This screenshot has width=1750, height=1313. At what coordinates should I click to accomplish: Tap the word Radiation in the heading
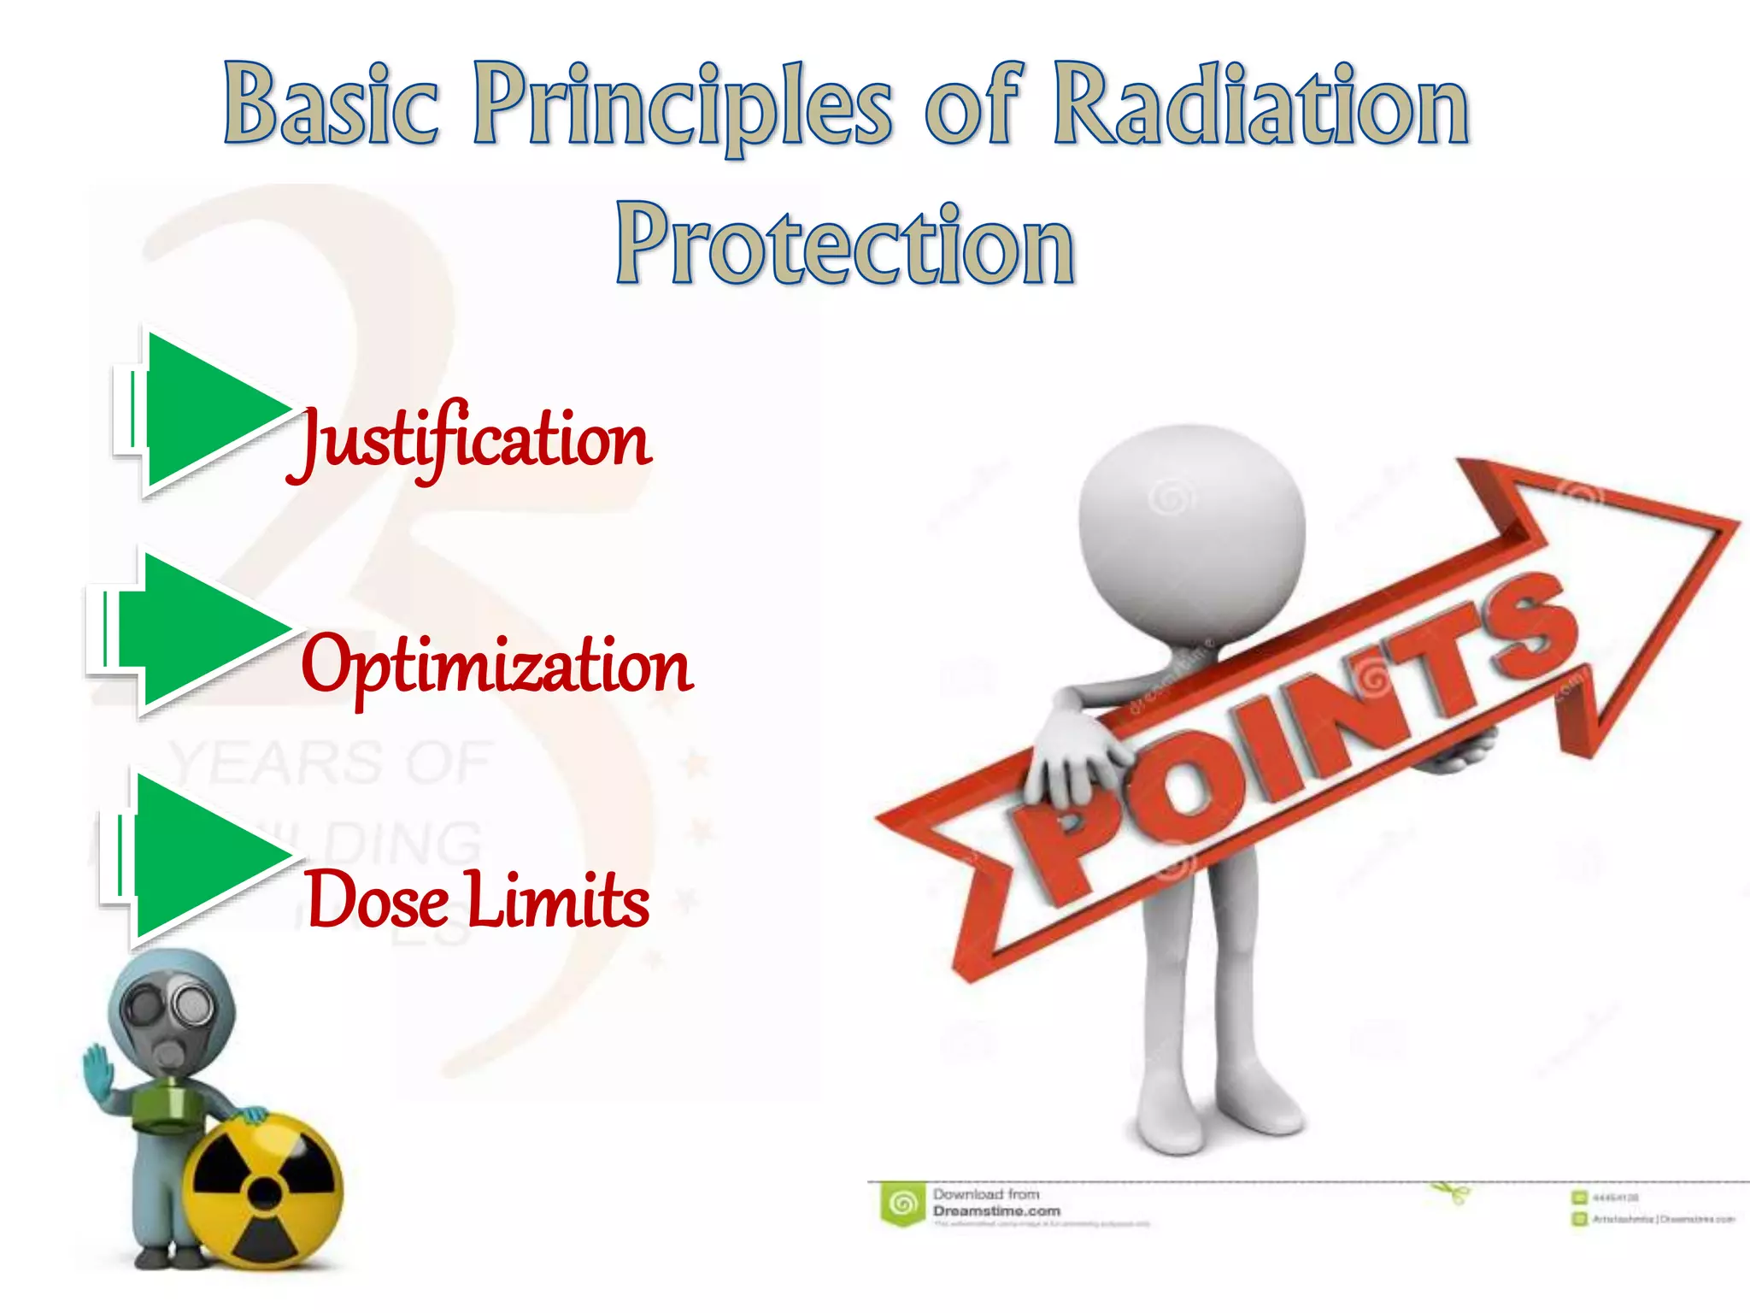click(1260, 107)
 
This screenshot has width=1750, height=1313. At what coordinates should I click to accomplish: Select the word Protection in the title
click(844, 245)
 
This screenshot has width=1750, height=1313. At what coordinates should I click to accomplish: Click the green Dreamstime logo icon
click(902, 1204)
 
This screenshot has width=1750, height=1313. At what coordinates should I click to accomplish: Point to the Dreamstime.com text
click(996, 1211)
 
